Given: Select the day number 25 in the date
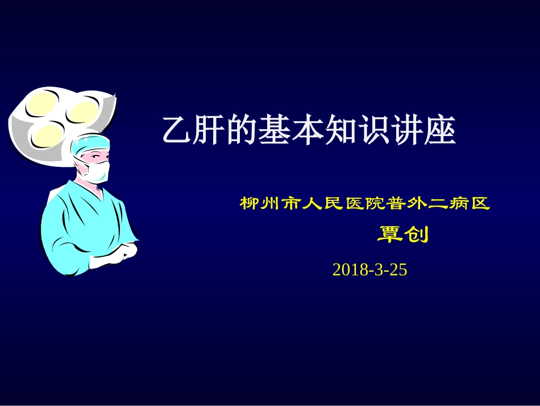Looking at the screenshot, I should click(x=400, y=270).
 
